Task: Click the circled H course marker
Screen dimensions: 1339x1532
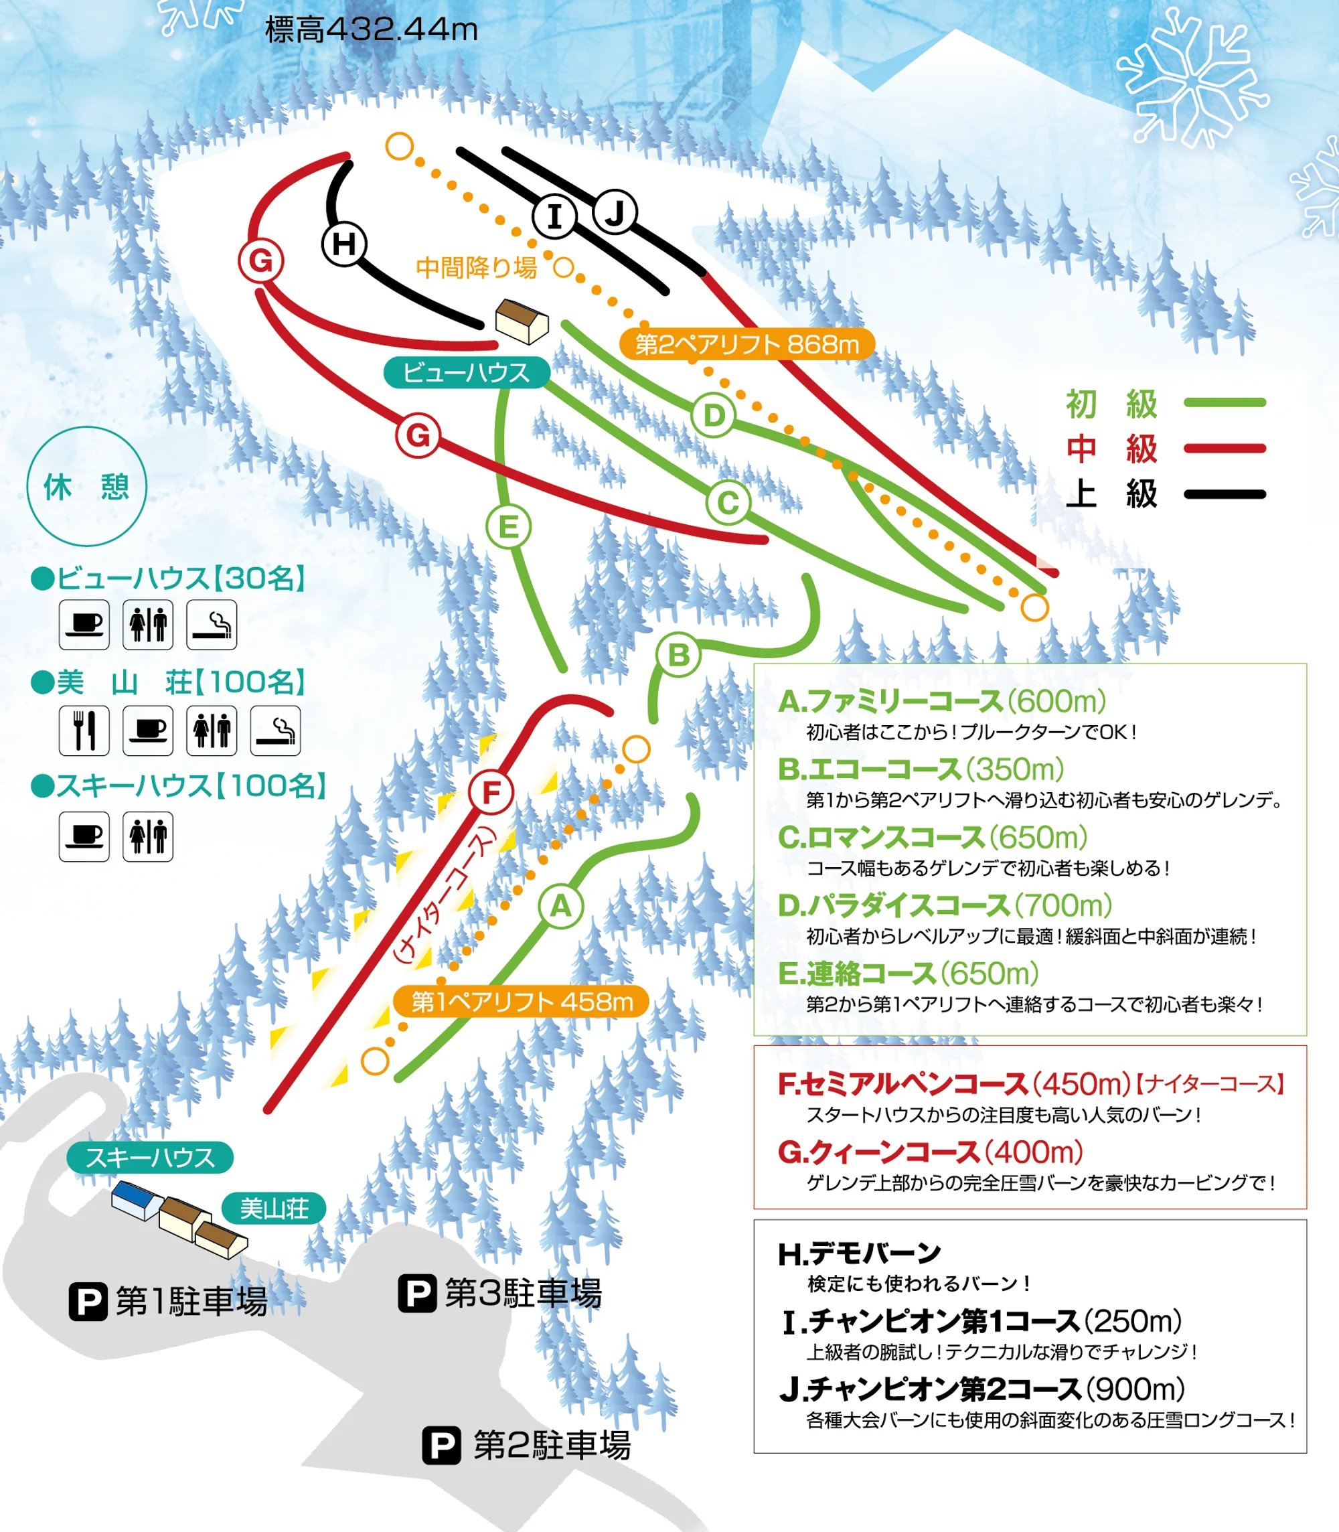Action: tap(343, 244)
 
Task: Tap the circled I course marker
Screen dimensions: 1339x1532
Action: tap(554, 217)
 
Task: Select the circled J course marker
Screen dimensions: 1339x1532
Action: tap(614, 213)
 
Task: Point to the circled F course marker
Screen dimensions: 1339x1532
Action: tap(491, 792)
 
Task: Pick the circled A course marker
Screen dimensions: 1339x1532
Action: tap(560, 907)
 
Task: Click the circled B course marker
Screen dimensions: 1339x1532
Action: tap(678, 655)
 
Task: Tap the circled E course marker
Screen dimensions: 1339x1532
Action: tap(508, 527)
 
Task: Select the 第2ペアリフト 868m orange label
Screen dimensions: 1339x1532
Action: tap(746, 343)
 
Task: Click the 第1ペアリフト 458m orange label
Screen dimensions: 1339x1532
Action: tap(522, 1002)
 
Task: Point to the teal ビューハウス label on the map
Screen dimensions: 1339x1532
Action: tap(466, 372)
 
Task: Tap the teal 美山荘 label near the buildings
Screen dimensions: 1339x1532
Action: tap(273, 1209)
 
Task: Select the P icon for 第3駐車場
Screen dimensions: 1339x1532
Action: tap(417, 1293)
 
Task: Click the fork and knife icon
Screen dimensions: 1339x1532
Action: tap(84, 730)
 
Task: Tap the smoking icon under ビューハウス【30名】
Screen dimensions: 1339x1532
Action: tap(212, 624)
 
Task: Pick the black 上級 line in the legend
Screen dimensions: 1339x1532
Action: tap(1225, 494)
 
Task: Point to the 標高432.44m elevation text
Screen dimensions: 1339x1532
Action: tap(372, 30)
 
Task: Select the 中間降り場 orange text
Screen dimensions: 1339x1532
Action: tap(476, 268)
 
